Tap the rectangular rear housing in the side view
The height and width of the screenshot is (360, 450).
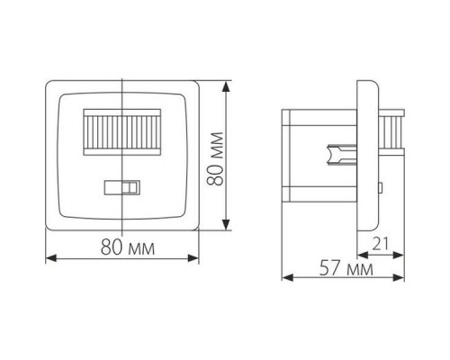pos(319,154)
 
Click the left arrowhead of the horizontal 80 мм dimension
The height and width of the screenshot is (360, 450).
pos(48,258)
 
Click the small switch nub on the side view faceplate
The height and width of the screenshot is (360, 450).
pos(379,188)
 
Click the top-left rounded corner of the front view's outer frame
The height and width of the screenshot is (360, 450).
pos(49,86)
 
